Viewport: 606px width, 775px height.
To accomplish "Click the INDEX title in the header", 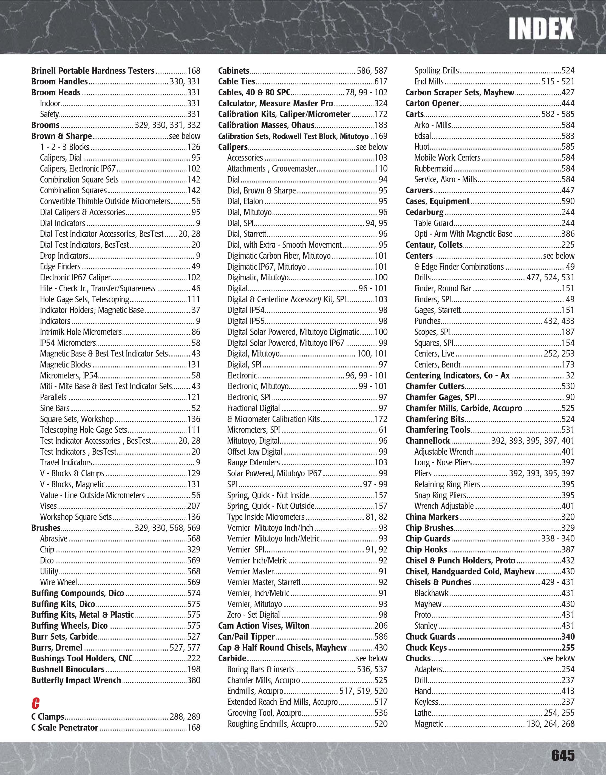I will pos(541,29).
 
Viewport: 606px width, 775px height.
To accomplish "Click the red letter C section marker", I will pos(35,703).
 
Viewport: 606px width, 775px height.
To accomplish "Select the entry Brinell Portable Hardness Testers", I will pos(93,71).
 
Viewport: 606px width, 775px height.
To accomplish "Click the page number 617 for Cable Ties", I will pos(381,82).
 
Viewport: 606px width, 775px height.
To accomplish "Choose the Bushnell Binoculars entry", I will pos(67,669).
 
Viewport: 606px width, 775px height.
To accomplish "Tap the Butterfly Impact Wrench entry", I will pos(76,680).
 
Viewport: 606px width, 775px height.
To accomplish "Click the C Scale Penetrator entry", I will pos(65,727).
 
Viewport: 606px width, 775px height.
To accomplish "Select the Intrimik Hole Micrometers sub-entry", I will pos(81,332).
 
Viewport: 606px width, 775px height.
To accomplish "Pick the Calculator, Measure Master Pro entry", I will pos(276,103).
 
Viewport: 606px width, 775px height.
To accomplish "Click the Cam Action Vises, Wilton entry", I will pos(264,626).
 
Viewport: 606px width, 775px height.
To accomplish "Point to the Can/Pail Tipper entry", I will pos(247,637).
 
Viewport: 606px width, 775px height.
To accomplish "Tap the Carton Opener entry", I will pos(432,103).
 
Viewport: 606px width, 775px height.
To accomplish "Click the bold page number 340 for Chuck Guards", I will pos(568,637).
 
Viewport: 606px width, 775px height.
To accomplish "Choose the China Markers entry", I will pos(432,517).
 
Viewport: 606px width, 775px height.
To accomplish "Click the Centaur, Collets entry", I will pos(434,245).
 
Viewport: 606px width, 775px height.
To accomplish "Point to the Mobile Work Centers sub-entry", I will pos(447,158).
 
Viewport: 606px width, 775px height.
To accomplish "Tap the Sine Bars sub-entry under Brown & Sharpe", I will pos(55,408).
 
